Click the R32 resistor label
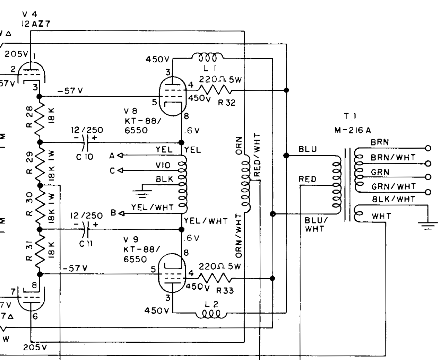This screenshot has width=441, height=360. [227, 103]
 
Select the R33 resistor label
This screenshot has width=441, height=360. [226, 290]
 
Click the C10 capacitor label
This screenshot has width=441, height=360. [85, 157]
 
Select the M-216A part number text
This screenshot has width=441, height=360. [353, 130]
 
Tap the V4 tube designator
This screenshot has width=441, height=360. [29, 14]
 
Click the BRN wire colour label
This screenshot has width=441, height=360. [380, 142]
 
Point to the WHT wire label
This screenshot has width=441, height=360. [381, 216]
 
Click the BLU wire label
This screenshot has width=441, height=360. [308, 149]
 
